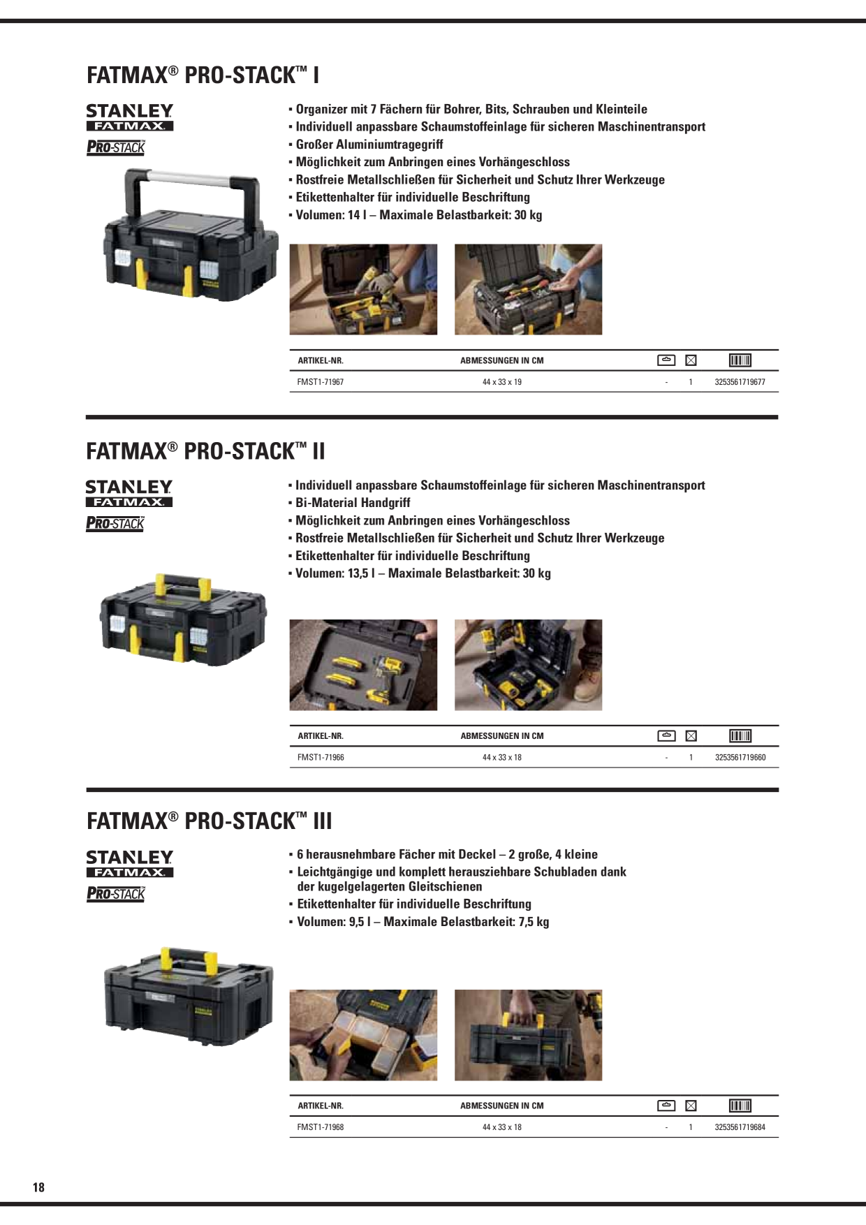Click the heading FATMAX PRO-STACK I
coord(203,75)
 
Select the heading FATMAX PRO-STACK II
coord(206,451)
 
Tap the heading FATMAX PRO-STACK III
coord(210,820)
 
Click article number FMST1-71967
coord(321,382)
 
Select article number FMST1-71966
coord(321,757)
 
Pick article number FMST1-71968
coord(321,1127)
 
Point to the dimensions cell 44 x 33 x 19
coord(501,382)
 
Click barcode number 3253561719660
coord(740,757)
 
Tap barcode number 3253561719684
coord(740,1127)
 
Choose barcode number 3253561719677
coord(740,382)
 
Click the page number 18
coord(38,1187)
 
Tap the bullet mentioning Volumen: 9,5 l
coord(423,922)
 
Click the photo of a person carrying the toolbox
coord(528,1035)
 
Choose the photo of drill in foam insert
coord(363,665)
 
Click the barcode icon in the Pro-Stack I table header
coord(740,360)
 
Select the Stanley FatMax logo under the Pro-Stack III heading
coord(130,864)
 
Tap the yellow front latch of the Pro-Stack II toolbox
coord(136,640)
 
